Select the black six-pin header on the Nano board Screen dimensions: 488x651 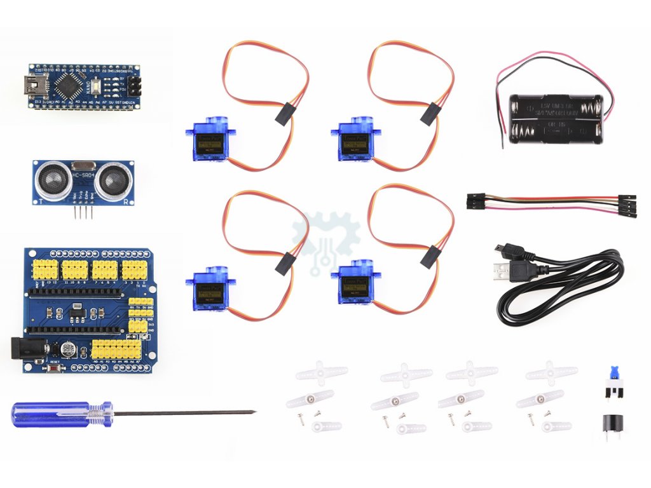(x=134, y=85)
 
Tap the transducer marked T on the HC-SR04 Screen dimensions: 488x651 (x=50, y=180)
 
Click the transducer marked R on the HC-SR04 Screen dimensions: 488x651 (x=114, y=179)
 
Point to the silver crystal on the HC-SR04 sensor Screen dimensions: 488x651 (x=83, y=165)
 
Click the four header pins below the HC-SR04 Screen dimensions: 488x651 (x=83, y=213)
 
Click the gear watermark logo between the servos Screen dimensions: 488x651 (x=326, y=245)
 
